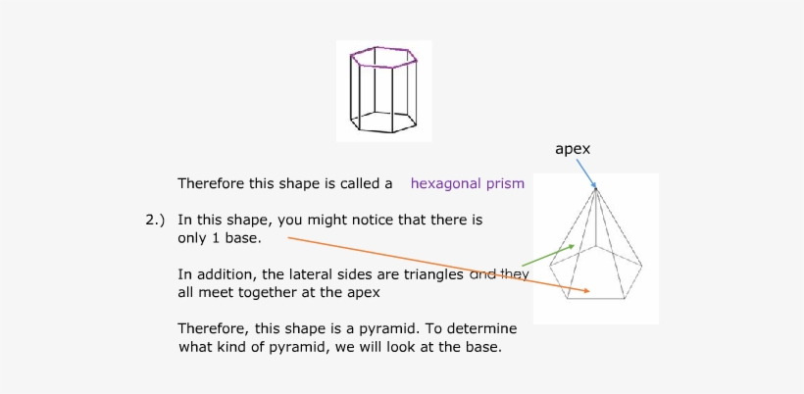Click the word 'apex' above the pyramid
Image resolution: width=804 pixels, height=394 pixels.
(573, 149)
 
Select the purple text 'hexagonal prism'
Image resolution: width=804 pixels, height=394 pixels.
(467, 183)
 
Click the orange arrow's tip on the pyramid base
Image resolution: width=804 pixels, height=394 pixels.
(587, 291)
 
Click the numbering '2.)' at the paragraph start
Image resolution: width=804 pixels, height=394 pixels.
(156, 221)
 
